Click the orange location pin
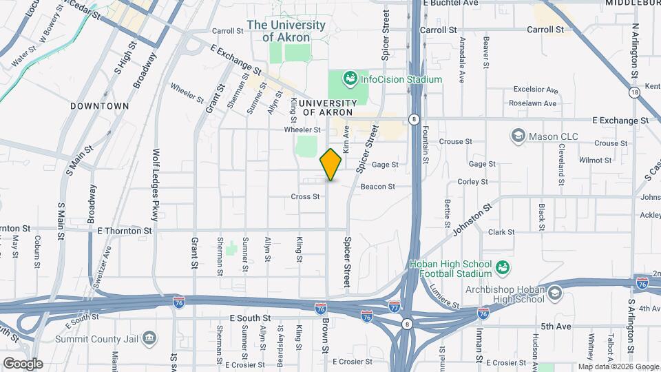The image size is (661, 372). (331, 165)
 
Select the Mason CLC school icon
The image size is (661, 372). (518, 136)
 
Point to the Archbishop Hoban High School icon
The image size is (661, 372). (554, 294)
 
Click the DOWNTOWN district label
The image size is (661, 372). (99, 106)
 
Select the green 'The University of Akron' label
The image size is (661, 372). (286, 31)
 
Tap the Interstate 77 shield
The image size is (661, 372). (394, 305)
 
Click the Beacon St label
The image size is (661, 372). (377, 186)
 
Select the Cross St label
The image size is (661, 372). (305, 196)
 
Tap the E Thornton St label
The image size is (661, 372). (125, 230)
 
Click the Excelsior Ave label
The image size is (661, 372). (534, 90)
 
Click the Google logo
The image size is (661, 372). (23, 363)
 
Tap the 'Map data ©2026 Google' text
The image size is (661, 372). (617, 366)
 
